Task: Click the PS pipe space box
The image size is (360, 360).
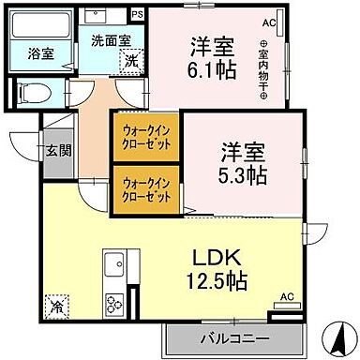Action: (x=138, y=14)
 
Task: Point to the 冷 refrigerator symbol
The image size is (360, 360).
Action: (x=57, y=305)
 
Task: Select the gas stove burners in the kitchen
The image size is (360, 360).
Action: (x=116, y=303)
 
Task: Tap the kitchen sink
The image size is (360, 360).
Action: (x=116, y=263)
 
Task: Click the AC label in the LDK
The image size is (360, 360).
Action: (x=287, y=296)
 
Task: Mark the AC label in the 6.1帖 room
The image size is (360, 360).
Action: (x=269, y=22)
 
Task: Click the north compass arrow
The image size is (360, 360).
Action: (x=335, y=334)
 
